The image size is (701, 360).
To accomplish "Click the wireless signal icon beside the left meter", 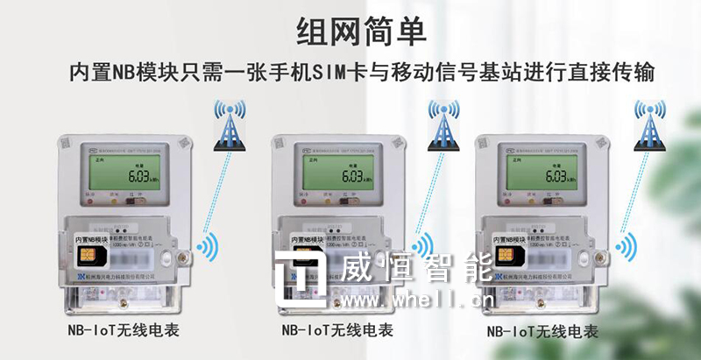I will click(x=207, y=248).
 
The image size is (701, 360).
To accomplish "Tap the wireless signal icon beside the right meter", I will click(x=626, y=248).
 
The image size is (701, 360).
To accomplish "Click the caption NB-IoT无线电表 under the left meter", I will click(x=123, y=331).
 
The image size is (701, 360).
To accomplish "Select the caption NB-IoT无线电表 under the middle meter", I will click(x=337, y=331).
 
